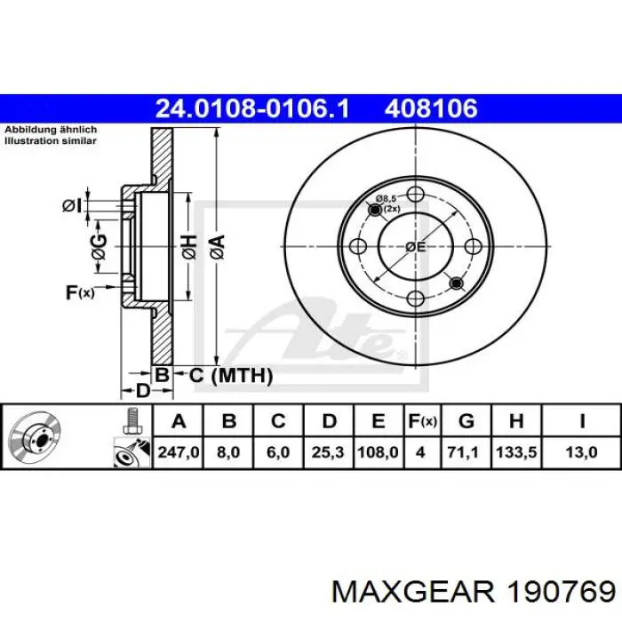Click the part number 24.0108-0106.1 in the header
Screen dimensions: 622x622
pos(251,109)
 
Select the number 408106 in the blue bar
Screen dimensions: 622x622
pos(431,109)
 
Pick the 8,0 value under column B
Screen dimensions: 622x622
pos(229,452)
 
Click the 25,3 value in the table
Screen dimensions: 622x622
pos(328,452)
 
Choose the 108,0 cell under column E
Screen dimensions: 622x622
pos(378,452)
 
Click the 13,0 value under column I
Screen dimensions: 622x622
pos(581,452)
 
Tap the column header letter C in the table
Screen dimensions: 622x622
pos(278,421)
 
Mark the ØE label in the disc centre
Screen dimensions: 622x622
pos(416,246)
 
